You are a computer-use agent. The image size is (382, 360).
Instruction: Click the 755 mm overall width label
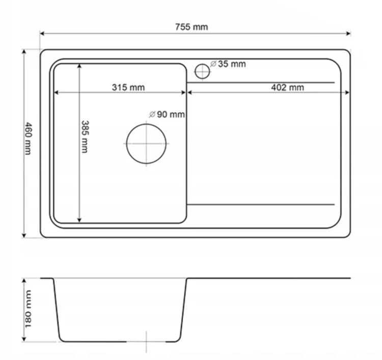(192, 27)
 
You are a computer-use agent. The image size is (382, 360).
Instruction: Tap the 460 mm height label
(29, 139)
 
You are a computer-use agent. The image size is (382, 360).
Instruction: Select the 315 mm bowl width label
(128, 87)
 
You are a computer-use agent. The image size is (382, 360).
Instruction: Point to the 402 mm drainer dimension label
(287, 87)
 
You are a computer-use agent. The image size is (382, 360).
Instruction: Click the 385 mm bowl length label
(85, 136)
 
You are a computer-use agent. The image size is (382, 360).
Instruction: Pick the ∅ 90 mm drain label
(167, 114)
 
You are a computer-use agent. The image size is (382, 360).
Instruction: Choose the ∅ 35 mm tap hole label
(228, 64)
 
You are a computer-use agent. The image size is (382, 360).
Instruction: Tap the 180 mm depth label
(28, 309)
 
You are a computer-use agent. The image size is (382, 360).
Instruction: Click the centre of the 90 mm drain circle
(146, 144)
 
